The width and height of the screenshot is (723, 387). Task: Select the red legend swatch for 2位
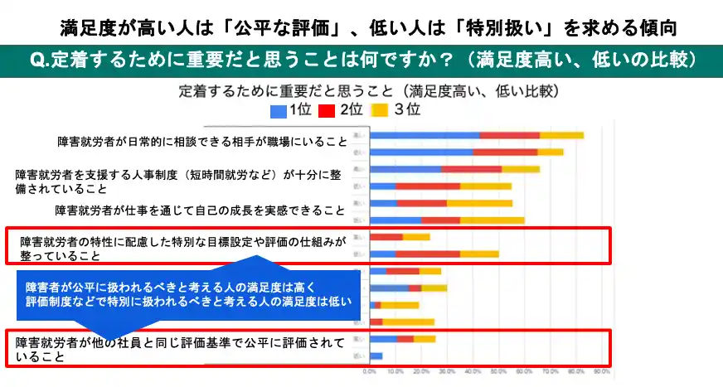tap(328, 109)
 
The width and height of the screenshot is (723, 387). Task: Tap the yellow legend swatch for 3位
tap(379, 109)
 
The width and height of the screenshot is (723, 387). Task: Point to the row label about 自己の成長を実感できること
tap(199, 210)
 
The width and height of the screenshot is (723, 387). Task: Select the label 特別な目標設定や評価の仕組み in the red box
tap(182, 248)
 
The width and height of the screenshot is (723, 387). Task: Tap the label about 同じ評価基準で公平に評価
tap(177, 351)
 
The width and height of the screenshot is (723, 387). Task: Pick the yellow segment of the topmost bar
tap(561, 134)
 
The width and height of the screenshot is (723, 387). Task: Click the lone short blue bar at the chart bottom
tap(376, 356)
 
